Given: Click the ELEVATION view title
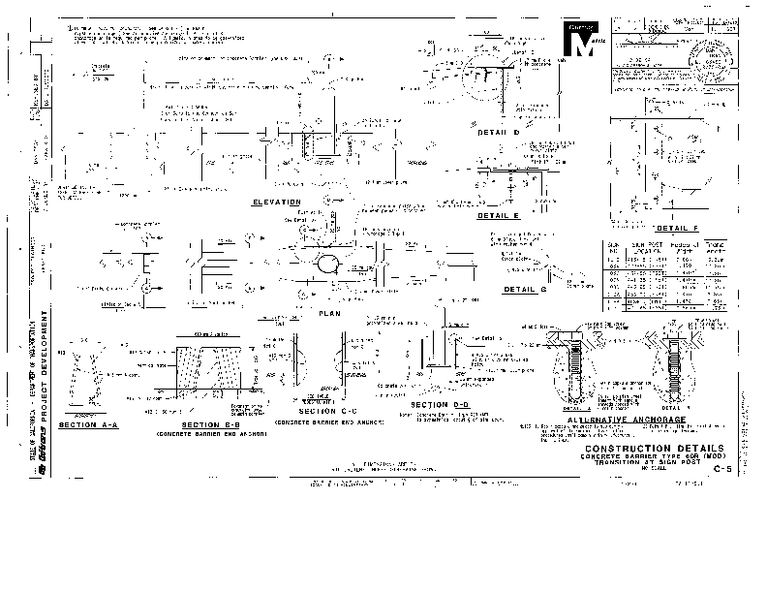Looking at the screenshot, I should tap(276, 202).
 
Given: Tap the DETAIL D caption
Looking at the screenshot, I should tap(499, 132).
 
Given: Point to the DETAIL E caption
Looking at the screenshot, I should tap(499, 216).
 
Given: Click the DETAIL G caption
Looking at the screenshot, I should tap(526, 290).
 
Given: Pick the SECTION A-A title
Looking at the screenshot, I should tap(89, 425).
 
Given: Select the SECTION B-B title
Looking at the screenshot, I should tap(212, 426).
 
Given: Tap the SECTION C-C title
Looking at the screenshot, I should tap(329, 411).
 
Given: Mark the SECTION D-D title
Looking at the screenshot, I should tap(440, 404).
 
